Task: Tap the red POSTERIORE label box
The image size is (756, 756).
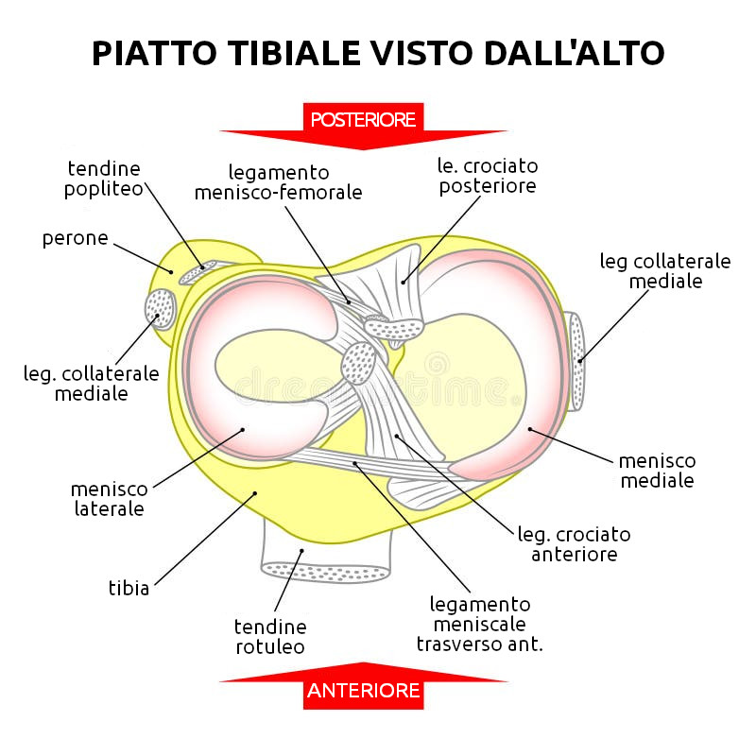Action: pyautogui.click(x=363, y=120)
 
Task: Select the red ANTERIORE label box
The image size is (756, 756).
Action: pyautogui.click(x=363, y=691)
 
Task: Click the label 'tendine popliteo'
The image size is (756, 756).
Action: pyautogui.click(x=104, y=180)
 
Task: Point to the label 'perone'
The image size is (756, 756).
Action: pyautogui.click(x=76, y=238)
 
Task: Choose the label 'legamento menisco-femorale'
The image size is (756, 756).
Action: pyautogui.click(x=279, y=182)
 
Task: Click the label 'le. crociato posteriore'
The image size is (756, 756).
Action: pyautogui.click(x=488, y=176)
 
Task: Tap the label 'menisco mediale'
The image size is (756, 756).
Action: pyautogui.click(x=657, y=471)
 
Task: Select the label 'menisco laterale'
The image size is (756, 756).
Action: pyautogui.click(x=110, y=499)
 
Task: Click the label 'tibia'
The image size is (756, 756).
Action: pyautogui.click(x=129, y=588)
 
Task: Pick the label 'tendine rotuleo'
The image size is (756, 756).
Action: pyautogui.click(x=270, y=636)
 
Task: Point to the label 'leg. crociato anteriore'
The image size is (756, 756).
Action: pyautogui.click(x=575, y=544)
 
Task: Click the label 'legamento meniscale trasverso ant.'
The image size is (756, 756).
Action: pyautogui.click(x=480, y=624)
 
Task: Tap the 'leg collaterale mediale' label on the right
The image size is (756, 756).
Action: pyautogui.click(x=665, y=271)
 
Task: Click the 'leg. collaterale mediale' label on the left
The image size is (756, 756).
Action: pyautogui.click(x=91, y=383)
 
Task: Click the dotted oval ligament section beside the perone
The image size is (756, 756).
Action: pyautogui.click(x=160, y=308)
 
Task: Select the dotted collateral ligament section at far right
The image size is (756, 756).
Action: pyautogui.click(x=577, y=361)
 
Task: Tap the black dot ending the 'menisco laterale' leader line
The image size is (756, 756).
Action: pyautogui.click(x=243, y=429)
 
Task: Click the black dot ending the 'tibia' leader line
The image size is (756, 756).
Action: pyautogui.click(x=255, y=493)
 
